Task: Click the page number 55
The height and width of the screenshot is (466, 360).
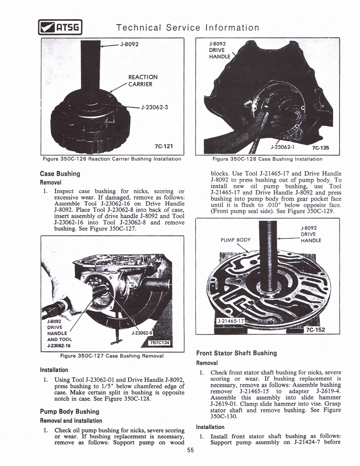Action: (x=190, y=451)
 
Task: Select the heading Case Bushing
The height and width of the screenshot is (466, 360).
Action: (x=60, y=174)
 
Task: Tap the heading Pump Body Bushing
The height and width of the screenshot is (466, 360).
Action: (x=70, y=411)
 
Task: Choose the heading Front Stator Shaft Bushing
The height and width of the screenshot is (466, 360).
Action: (x=236, y=353)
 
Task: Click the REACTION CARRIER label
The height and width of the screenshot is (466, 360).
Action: (x=143, y=81)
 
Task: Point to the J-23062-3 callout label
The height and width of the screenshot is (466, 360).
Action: (x=155, y=107)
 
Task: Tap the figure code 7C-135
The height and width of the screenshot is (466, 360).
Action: (x=320, y=147)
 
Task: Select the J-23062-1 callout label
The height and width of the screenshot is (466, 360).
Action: (x=284, y=147)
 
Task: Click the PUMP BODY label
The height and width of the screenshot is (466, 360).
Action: (x=236, y=240)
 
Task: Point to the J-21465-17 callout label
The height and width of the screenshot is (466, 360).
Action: (x=231, y=321)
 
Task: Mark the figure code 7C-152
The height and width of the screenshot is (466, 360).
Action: (x=315, y=329)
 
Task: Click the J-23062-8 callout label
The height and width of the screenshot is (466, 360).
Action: (x=142, y=333)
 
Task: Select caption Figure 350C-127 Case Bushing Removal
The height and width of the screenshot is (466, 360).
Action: (x=112, y=355)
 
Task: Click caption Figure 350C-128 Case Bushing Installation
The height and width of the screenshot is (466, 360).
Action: (x=268, y=159)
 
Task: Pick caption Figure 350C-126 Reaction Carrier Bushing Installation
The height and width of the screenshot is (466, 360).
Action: (x=112, y=159)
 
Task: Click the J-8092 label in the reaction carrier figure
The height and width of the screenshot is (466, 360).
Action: (x=129, y=44)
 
